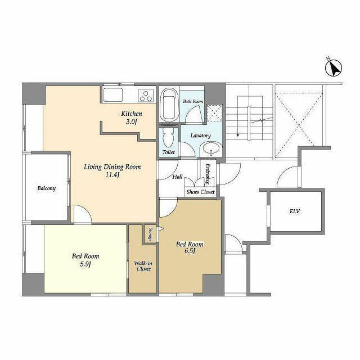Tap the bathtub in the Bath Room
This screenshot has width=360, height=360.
(169, 105)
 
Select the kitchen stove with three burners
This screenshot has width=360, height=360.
(146, 94)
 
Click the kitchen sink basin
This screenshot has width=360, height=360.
(112, 94)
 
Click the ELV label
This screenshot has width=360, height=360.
(294, 211)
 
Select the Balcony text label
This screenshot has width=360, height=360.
(46, 188)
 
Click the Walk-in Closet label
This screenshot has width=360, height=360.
(143, 265)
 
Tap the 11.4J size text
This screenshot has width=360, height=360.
(112, 175)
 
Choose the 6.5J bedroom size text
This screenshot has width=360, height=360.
(190, 251)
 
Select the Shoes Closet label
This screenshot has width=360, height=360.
(200, 192)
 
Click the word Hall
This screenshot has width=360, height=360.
(177, 177)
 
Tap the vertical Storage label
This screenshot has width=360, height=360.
(150, 233)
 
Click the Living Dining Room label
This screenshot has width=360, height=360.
(112, 167)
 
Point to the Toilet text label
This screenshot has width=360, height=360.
(168, 152)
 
